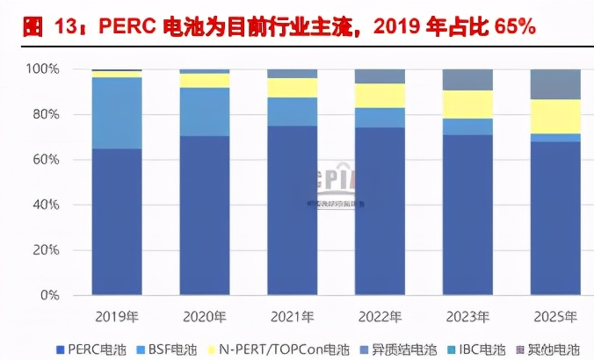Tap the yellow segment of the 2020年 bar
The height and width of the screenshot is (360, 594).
click(205, 80)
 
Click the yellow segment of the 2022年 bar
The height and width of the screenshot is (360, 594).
click(380, 96)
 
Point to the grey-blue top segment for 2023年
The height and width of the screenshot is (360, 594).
click(468, 80)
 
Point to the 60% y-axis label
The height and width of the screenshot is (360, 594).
click(45, 160)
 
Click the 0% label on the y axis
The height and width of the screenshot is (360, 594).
click(48, 296)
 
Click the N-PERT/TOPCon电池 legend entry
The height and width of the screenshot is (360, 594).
click(279, 349)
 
